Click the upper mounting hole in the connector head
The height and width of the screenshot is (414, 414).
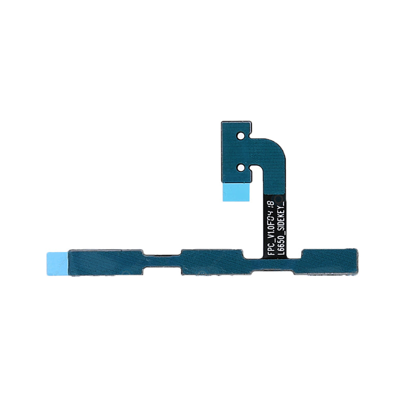pos(240,136)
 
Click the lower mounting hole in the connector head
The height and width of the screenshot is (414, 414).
pos(240,167)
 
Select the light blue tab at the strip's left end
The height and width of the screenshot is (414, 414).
pos(57,262)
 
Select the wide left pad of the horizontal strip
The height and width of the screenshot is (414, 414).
pos(106,262)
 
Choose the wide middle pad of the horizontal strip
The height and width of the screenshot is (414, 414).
pos(211,262)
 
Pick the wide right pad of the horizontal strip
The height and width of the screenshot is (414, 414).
pos(329,262)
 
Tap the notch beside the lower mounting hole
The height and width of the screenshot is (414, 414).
pos(252,169)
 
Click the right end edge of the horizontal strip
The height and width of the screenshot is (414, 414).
pos(356,262)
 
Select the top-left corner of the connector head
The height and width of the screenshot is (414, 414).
pos(223,123)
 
